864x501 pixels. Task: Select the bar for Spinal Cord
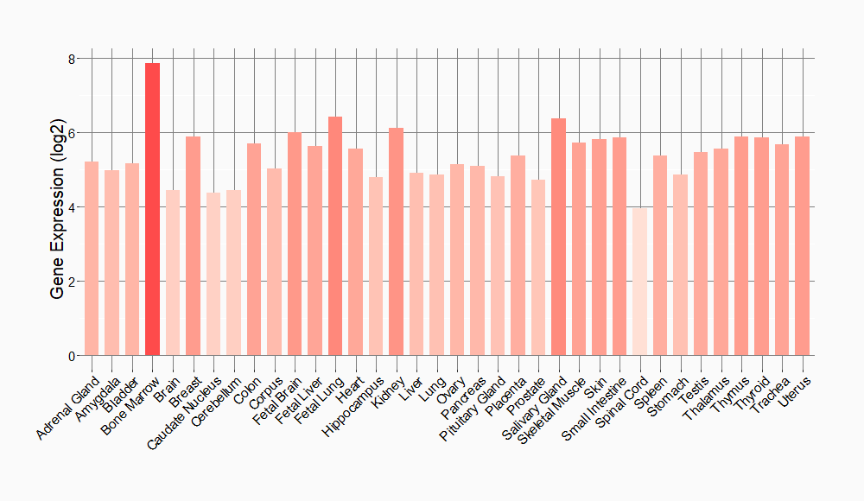(639, 282)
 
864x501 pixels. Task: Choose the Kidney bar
(396, 242)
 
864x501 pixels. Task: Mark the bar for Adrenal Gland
(92, 258)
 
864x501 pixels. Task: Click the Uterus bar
(803, 246)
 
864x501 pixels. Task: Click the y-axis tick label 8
(73, 59)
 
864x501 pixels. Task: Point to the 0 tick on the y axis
(73, 356)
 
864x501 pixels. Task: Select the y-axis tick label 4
(73, 207)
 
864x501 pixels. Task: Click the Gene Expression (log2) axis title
(58, 207)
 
